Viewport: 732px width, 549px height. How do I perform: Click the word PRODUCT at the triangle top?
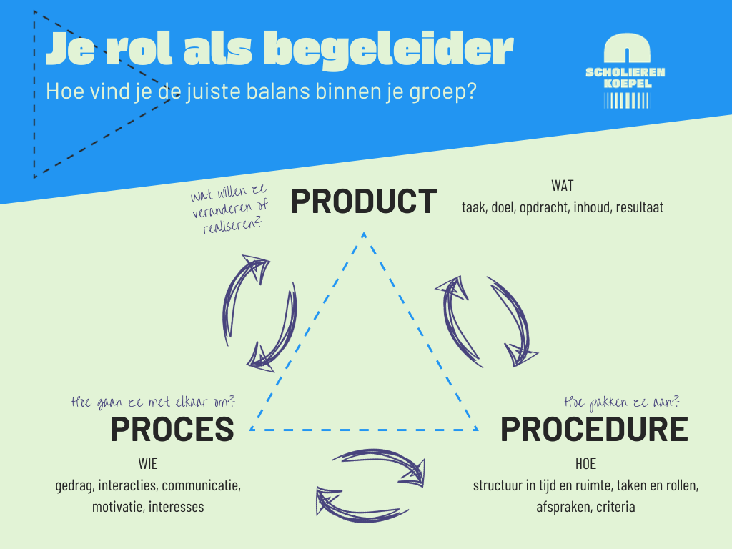363,202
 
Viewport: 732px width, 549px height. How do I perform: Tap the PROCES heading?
172,429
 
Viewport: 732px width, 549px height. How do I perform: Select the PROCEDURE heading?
593,429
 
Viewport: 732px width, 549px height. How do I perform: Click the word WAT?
562,187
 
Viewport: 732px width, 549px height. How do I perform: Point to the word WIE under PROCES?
148,465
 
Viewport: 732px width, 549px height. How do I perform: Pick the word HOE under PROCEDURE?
585,465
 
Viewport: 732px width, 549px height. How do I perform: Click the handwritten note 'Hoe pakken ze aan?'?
621,402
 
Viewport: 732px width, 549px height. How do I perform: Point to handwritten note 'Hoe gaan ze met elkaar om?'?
153,400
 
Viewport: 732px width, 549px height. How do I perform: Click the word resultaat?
635,207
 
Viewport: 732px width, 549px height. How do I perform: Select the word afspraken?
562,507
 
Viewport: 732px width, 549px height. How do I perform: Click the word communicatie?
201,486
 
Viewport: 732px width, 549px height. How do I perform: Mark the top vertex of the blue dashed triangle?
364,233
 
